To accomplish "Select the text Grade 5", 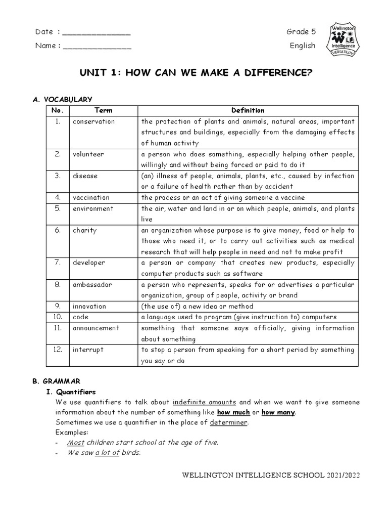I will click(301, 32).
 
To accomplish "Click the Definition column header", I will click(248, 110).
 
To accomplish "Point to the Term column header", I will click(104, 110).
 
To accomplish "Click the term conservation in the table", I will click(93, 121).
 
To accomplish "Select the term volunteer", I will click(88, 154).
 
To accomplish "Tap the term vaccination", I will click(91, 197).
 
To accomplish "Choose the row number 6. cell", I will click(58, 230).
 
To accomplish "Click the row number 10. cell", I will click(58, 317).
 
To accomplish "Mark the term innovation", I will click(89, 306).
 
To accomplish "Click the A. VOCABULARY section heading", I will click(62, 100).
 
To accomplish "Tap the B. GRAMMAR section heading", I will click(57, 381).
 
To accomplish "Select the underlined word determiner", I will click(229, 422).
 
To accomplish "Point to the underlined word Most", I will click(76, 443).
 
